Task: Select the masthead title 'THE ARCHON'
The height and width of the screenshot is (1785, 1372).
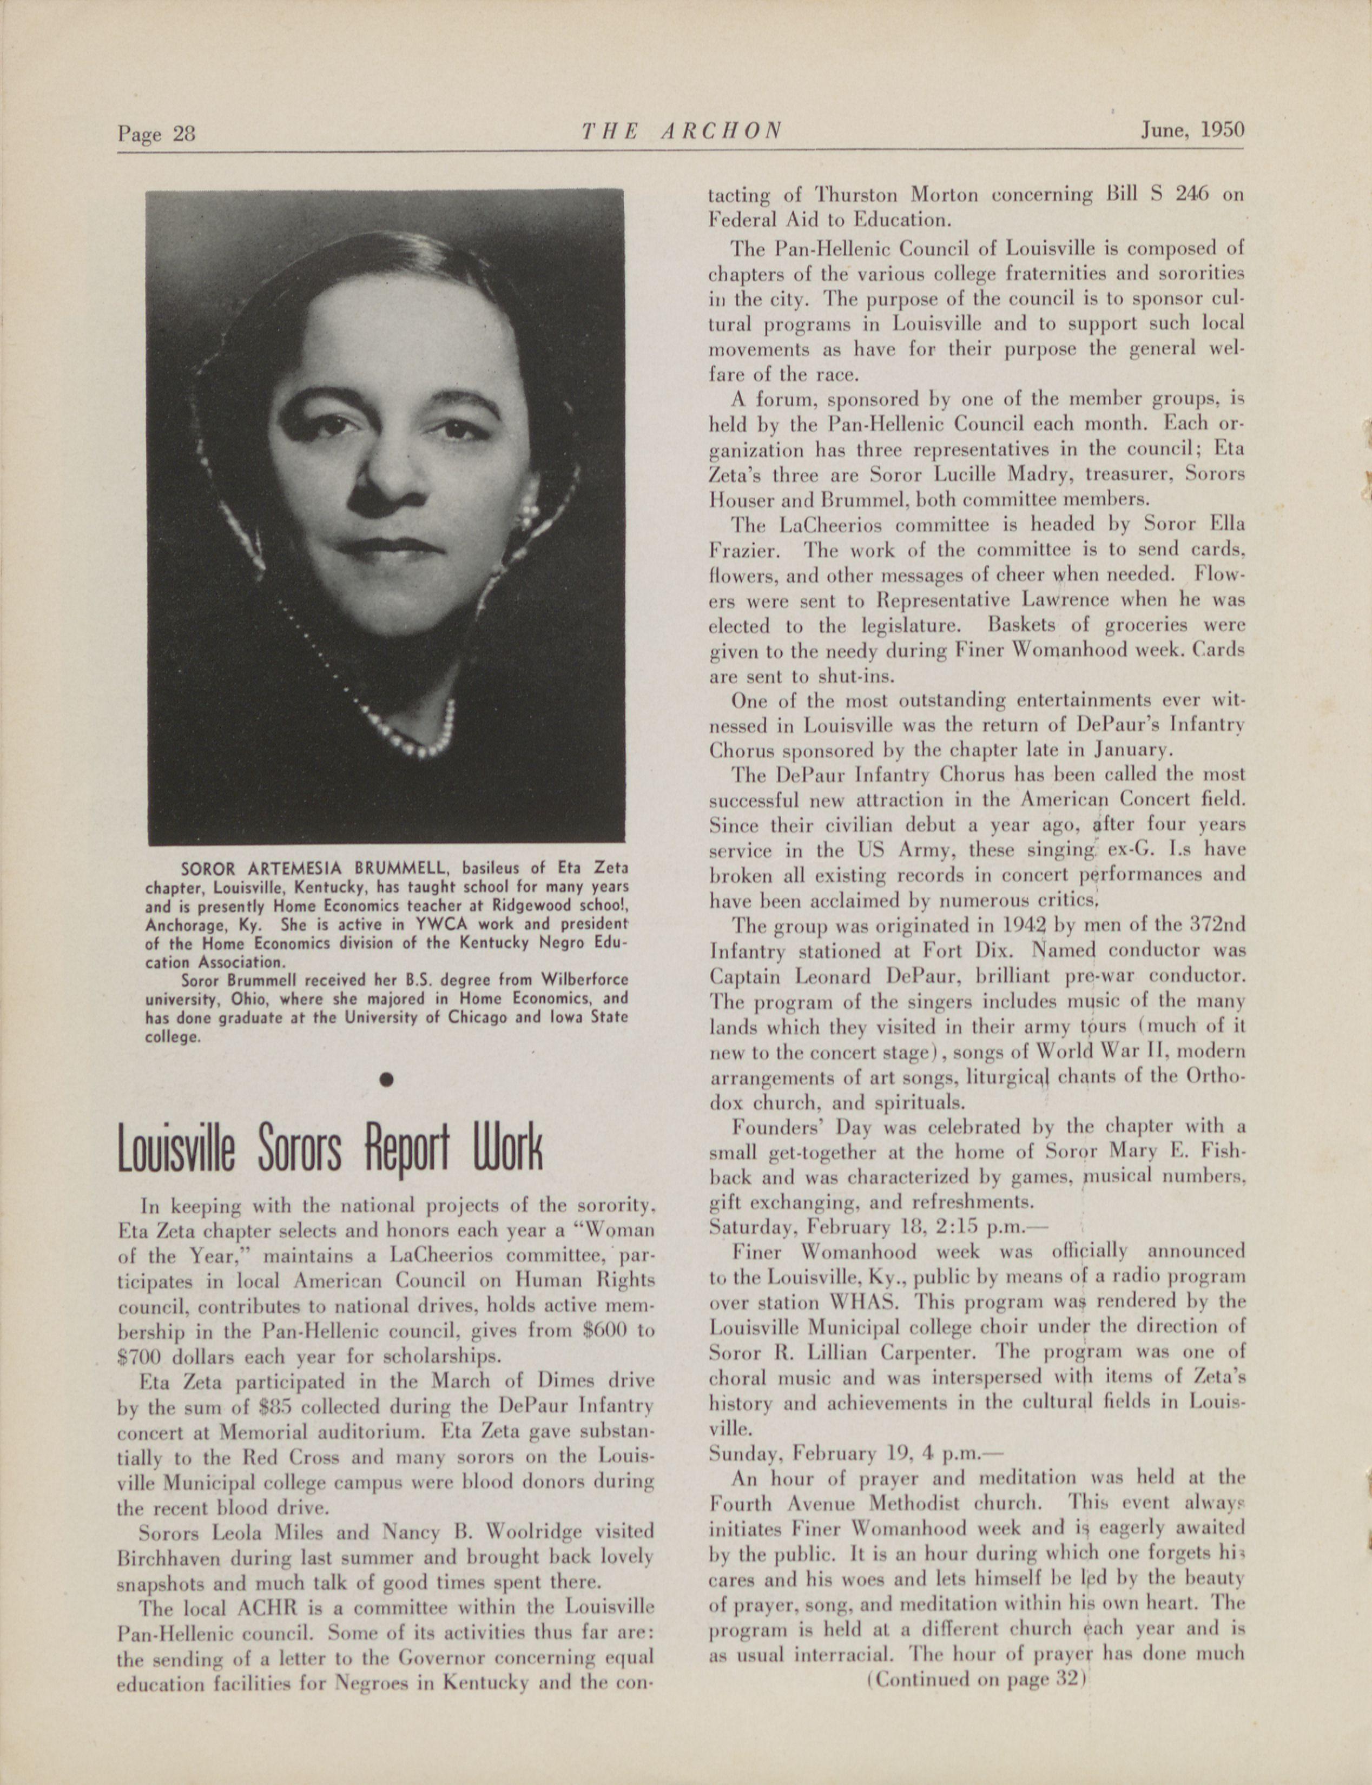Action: [x=682, y=131]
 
